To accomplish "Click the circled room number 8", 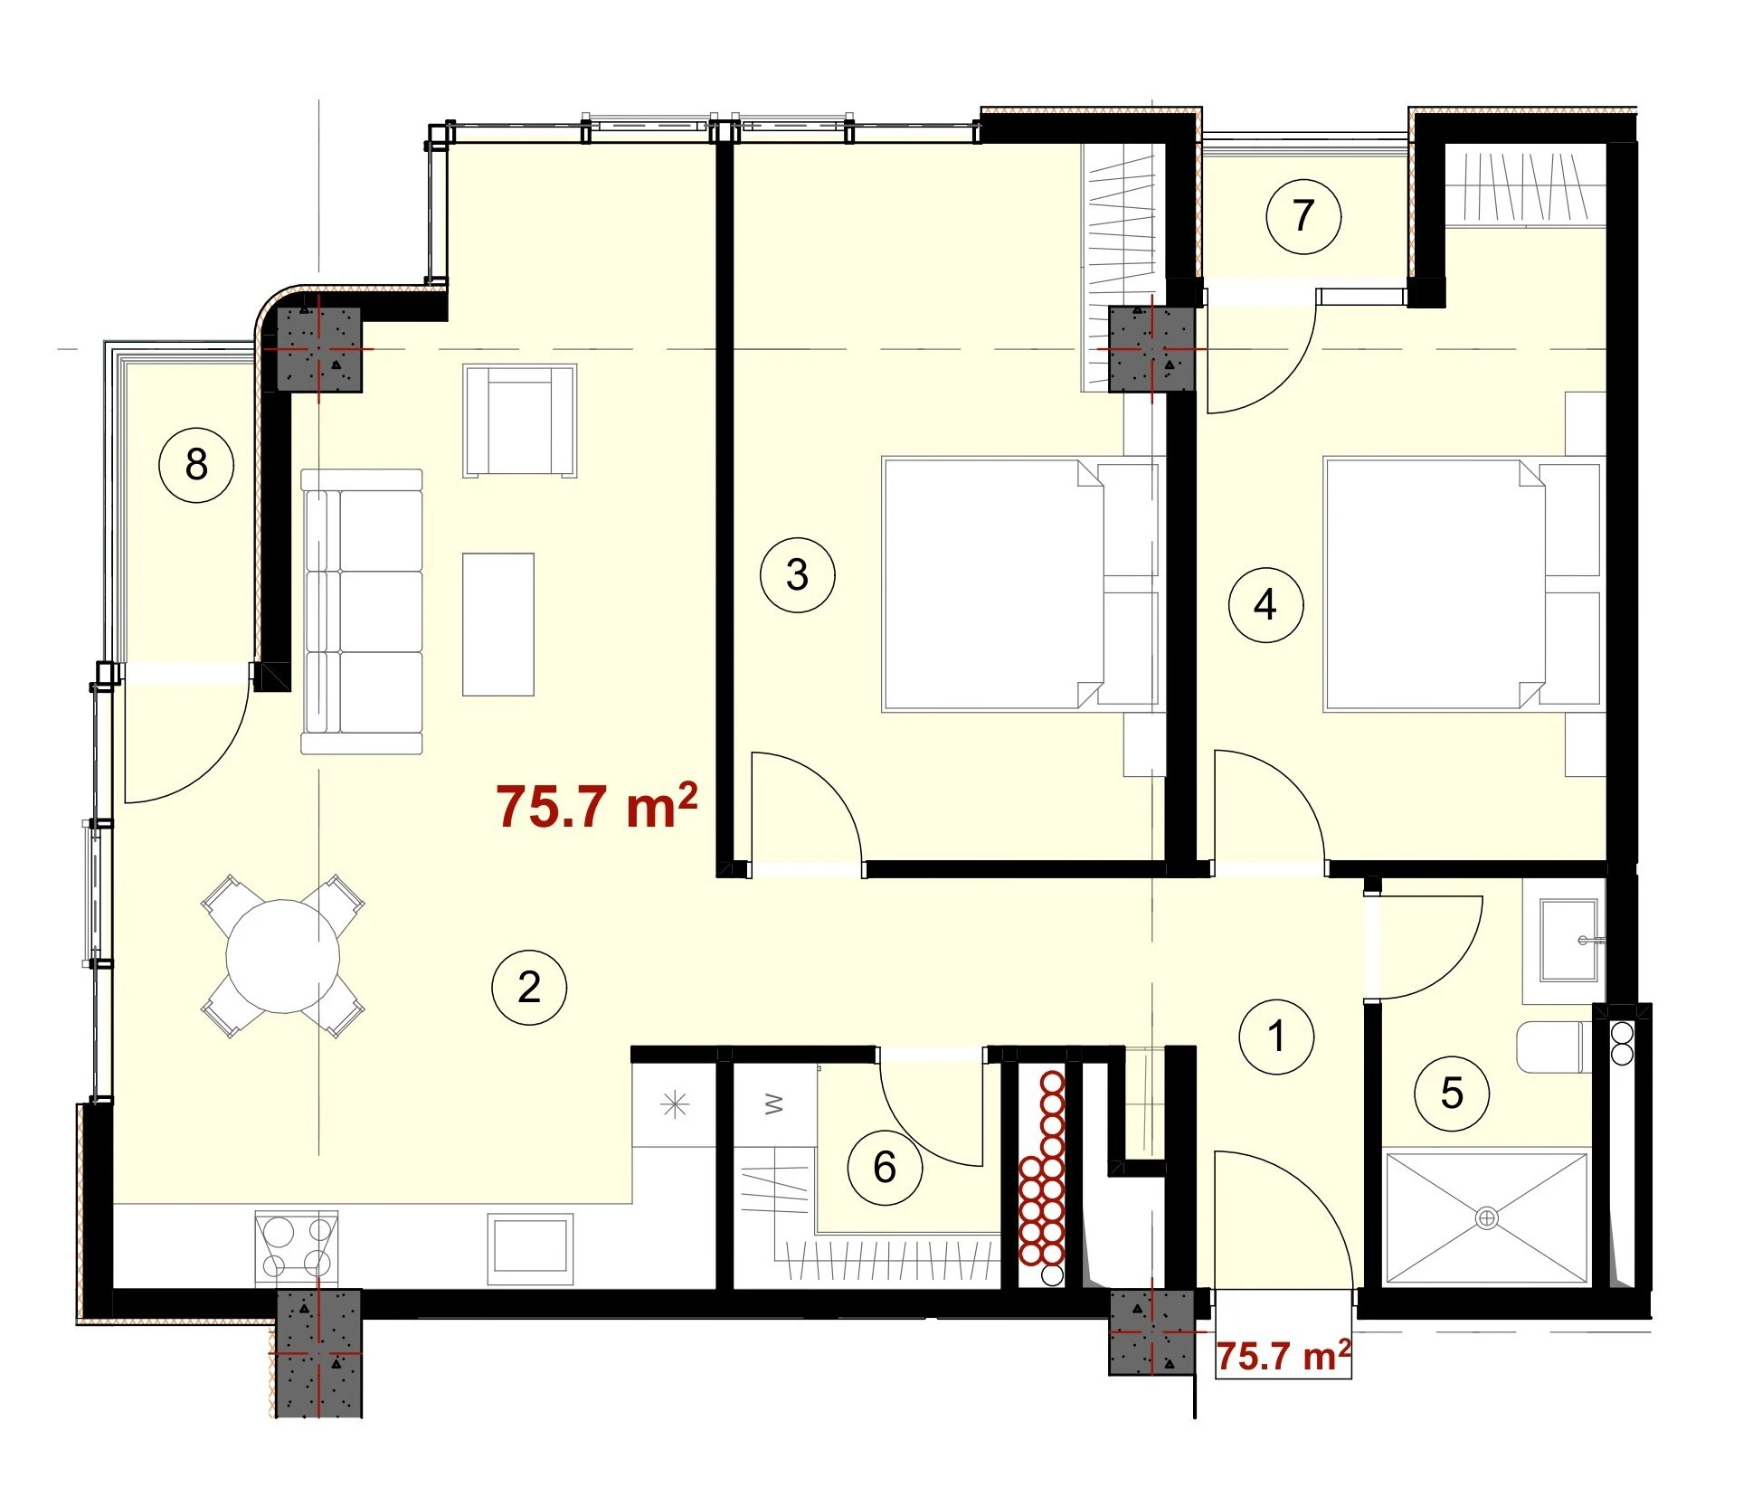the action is (196, 466).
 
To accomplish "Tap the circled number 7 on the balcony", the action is (1303, 216).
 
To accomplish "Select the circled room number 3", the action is (797, 575).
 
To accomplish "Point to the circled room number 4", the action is (1265, 605).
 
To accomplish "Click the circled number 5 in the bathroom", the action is (1452, 1094).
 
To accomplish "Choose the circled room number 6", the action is (885, 1168).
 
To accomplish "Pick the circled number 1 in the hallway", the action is (1276, 1037).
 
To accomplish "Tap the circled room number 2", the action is (529, 987).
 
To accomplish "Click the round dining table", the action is (283, 956).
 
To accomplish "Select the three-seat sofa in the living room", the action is (362, 611).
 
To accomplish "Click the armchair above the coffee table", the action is (520, 421).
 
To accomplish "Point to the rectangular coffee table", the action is (498, 625).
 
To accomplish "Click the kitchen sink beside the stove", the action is (530, 1248).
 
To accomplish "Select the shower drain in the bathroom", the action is (1487, 1218).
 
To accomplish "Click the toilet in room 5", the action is (1554, 1047).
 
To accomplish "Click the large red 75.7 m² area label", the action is (597, 807).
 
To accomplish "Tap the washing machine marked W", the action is (773, 1105).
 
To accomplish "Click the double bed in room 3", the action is (1020, 584).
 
